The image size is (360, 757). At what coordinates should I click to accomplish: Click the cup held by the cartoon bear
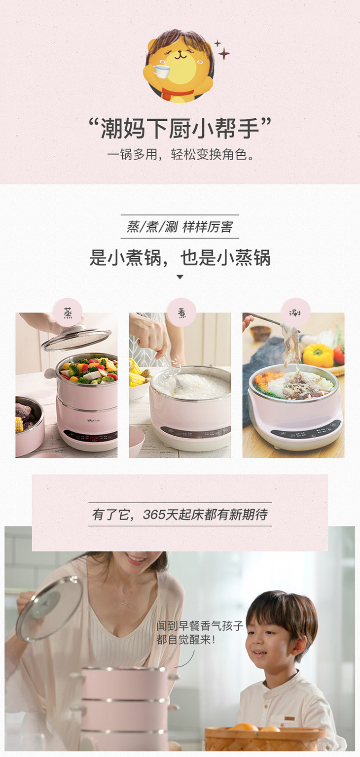point(162,71)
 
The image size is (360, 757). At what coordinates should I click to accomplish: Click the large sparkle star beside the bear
point(223,53)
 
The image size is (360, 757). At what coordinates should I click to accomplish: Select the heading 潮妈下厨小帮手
point(180,129)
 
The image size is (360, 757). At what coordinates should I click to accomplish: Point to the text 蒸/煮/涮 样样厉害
point(180,226)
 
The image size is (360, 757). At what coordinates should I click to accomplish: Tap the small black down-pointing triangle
point(180,277)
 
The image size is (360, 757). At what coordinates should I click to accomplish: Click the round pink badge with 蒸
point(68,312)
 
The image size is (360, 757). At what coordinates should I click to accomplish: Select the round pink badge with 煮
point(181,312)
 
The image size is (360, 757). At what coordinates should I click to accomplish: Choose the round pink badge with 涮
point(295,312)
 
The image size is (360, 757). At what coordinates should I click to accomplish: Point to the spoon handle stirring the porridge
point(169,368)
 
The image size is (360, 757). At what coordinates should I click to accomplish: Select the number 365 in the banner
point(154,515)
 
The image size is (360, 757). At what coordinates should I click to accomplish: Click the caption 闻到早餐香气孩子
point(200,625)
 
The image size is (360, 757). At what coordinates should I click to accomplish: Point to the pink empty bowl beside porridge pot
point(137,440)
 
